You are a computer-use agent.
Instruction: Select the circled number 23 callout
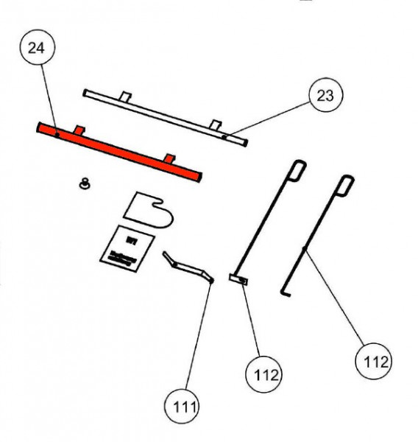325,95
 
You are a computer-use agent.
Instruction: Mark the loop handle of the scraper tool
297,169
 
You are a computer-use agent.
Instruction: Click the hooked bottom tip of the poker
286,294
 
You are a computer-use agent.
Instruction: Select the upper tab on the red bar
80,130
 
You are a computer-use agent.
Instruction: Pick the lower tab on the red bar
170,158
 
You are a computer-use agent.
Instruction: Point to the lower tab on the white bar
214,123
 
